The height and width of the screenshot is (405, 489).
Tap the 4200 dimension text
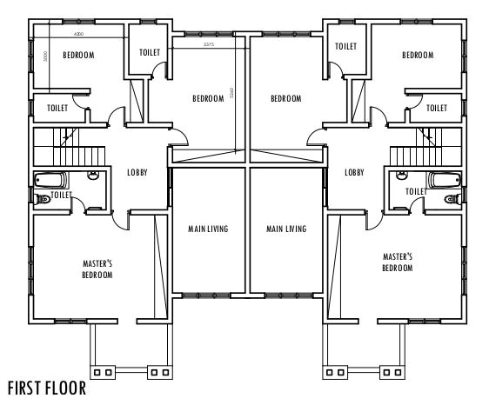(x=78, y=34)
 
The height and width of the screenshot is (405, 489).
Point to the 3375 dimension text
(x=208, y=43)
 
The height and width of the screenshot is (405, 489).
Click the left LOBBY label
(x=137, y=172)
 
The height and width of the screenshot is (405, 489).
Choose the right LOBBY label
(x=354, y=172)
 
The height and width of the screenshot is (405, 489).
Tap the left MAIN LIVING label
(x=208, y=229)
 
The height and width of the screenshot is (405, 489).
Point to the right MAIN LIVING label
(x=286, y=229)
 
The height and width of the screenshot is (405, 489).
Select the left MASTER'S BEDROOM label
(x=97, y=269)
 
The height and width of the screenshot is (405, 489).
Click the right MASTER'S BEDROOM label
(x=397, y=262)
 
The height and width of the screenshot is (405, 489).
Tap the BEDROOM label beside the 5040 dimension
(x=208, y=99)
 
